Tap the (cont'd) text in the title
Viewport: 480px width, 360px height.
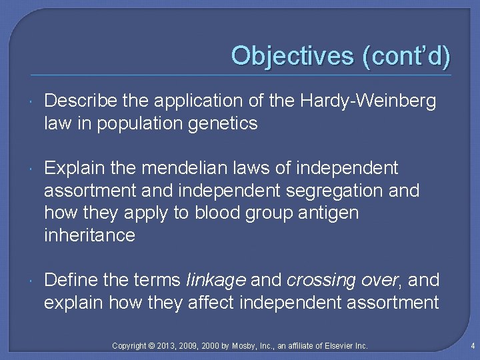point(406,55)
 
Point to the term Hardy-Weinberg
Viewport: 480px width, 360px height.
point(369,101)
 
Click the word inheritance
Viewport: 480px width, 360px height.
point(89,235)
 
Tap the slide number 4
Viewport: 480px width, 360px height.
point(471,345)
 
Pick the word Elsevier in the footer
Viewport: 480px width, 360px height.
point(337,345)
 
